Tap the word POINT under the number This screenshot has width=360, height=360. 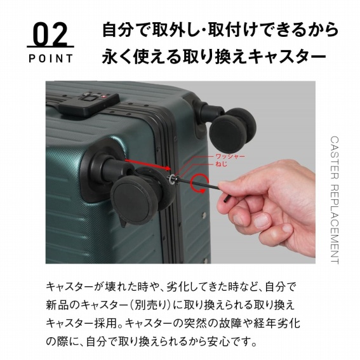50,58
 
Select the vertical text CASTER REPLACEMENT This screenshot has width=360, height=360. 335,199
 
